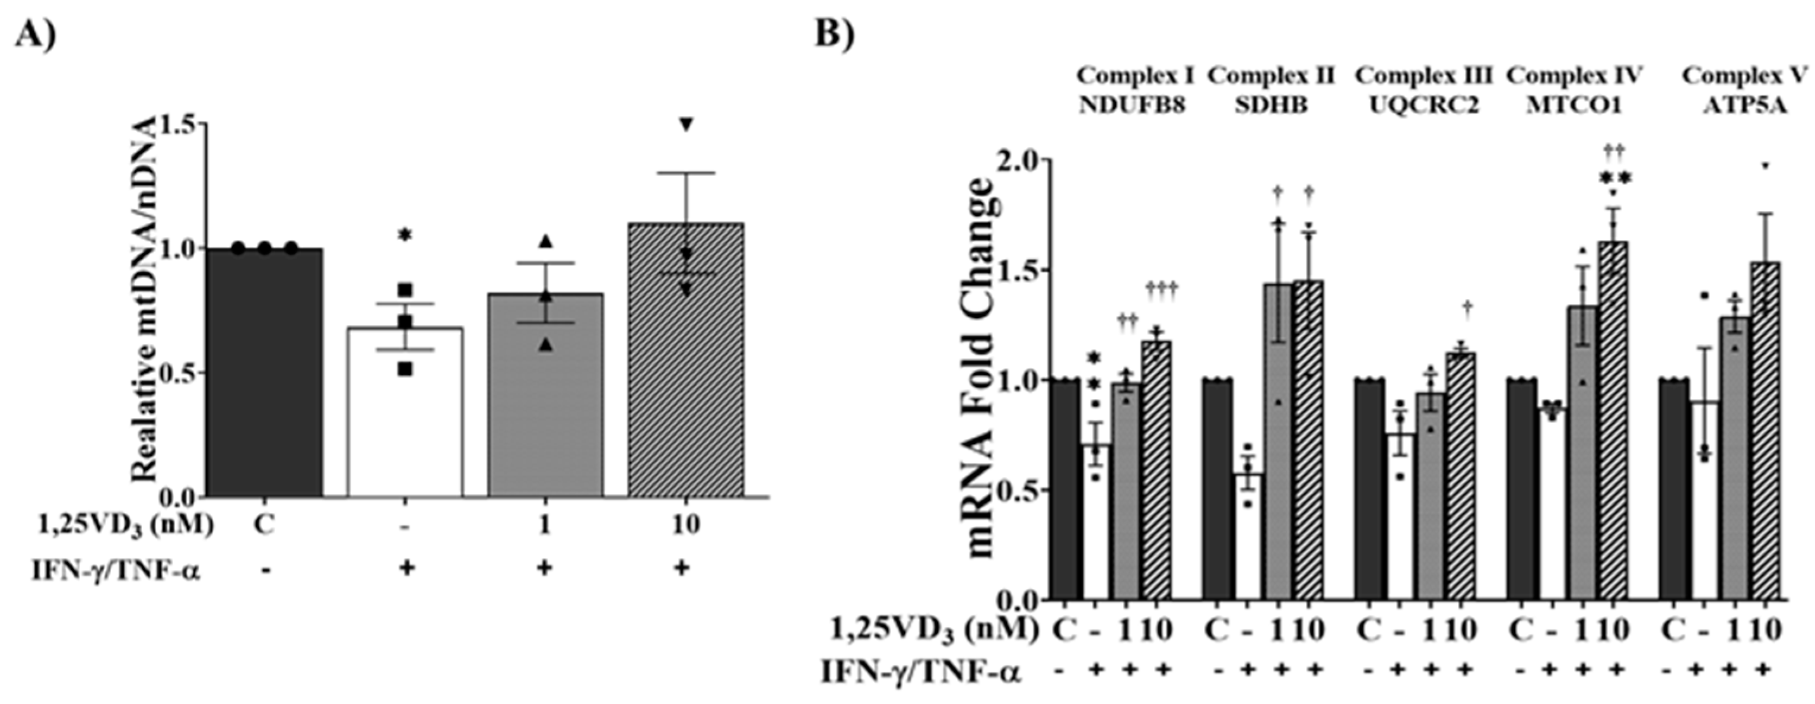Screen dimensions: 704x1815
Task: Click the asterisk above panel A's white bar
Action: tap(405, 234)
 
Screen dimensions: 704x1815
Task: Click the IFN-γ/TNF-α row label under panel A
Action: tap(116, 568)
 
